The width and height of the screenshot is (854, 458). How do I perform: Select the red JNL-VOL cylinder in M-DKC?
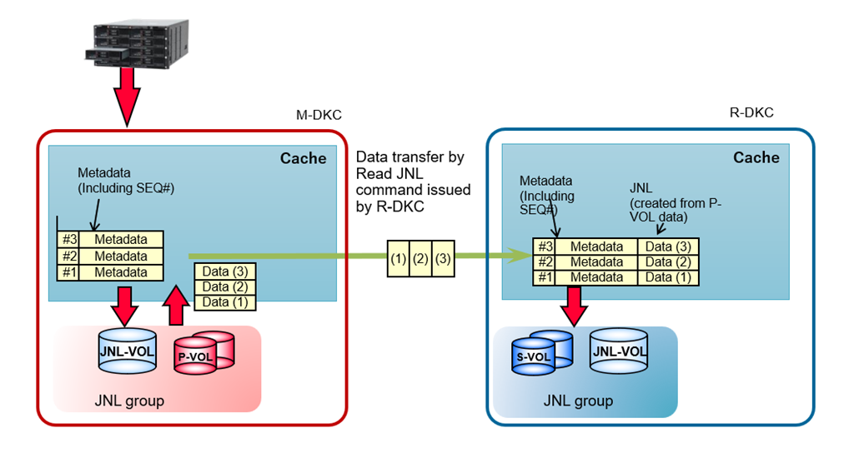[128, 352]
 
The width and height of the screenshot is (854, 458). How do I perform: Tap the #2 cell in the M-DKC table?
[69, 256]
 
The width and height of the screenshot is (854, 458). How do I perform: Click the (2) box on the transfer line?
[420, 259]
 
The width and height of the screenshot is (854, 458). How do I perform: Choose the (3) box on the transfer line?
[443, 259]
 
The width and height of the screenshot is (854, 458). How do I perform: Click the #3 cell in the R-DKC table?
[545, 246]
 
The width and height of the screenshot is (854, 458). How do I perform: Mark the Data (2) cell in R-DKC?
[668, 262]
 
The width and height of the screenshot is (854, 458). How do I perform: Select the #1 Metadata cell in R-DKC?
[596, 277]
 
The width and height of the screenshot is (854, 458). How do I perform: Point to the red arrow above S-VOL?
[575, 306]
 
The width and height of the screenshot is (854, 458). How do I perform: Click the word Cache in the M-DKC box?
[303, 158]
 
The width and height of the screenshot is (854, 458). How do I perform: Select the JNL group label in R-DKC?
[578, 401]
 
